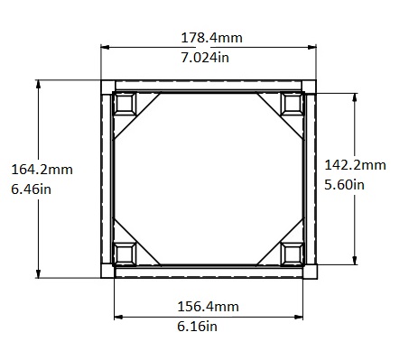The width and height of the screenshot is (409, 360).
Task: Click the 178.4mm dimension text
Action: point(211,38)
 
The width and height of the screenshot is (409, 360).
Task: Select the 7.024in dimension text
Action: point(205,58)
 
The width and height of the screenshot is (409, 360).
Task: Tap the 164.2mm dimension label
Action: point(42,170)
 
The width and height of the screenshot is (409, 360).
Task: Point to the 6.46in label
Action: point(31,189)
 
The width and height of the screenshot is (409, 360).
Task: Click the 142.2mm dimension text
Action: point(355,165)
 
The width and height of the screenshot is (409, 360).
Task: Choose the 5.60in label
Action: point(344,185)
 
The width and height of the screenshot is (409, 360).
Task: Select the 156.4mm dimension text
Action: point(208,307)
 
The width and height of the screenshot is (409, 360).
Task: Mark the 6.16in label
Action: point(197,327)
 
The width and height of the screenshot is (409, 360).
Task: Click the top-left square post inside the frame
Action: point(125,104)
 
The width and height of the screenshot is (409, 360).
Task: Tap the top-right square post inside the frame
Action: point(292,104)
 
